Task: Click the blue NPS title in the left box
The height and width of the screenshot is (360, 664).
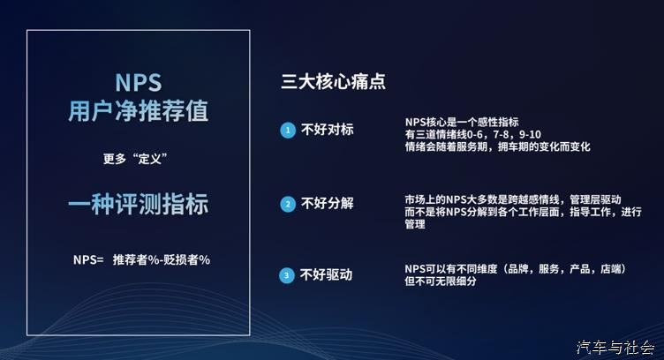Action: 139,82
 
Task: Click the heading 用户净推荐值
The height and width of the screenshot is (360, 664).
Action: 139,111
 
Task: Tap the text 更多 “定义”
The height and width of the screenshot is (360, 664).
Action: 135,159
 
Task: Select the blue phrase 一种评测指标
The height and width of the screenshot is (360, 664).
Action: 139,205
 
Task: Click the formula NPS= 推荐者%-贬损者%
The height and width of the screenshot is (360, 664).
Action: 141,259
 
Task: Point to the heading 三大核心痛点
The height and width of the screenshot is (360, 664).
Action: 333,81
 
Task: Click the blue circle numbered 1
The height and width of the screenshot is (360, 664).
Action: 288,131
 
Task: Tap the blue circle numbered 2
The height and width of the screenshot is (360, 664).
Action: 288,205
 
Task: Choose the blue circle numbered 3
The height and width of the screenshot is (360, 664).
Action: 287,276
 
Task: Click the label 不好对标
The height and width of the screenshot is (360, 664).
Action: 327,130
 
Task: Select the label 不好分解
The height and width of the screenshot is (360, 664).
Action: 327,204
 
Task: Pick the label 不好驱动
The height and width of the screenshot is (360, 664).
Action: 326,275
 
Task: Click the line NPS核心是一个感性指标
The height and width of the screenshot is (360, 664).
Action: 462,123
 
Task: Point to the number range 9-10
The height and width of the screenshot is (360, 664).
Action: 530,134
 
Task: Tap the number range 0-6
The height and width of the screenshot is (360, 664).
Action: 474,134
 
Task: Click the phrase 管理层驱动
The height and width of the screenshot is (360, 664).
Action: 595,199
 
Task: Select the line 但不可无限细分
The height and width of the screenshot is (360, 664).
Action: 441,281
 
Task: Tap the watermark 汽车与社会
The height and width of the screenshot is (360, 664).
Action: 615,348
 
